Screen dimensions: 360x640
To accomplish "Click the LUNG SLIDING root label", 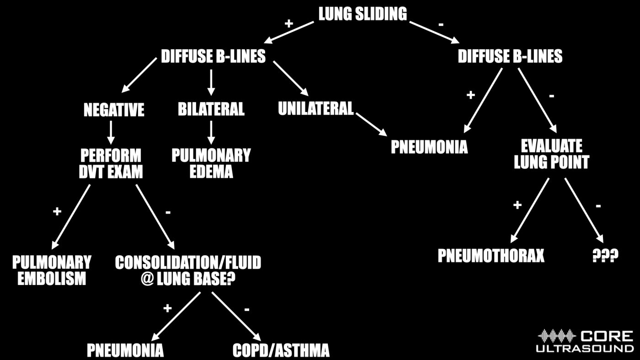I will click(363, 14).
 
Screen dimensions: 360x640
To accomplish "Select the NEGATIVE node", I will click(114, 110).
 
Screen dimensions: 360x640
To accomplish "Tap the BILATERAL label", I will click(211, 109).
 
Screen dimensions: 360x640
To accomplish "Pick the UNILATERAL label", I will click(316, 108).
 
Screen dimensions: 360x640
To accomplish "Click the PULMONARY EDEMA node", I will click(211, 163).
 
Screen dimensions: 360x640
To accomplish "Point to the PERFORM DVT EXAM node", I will click(111, 163).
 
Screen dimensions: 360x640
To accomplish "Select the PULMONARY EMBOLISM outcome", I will click(52, 270).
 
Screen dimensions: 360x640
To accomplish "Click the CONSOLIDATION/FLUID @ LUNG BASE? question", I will click(188, 270).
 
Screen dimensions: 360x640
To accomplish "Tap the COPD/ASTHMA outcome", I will click(281, 350).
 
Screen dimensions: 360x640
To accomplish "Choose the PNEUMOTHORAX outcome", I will click(491, 256).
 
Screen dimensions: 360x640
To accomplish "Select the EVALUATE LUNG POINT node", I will click(551, 154).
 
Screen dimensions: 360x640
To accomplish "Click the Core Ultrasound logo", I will click(586, 341).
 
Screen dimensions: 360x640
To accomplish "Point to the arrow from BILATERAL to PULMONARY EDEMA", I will click(211, 132).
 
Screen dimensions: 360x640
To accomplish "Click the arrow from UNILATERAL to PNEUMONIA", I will click(371, 123).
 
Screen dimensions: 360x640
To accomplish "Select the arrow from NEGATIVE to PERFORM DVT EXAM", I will click(111, 132).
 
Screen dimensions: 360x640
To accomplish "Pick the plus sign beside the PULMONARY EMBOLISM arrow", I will click(57, 211).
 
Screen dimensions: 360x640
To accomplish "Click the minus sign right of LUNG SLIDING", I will click(441, 24).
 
